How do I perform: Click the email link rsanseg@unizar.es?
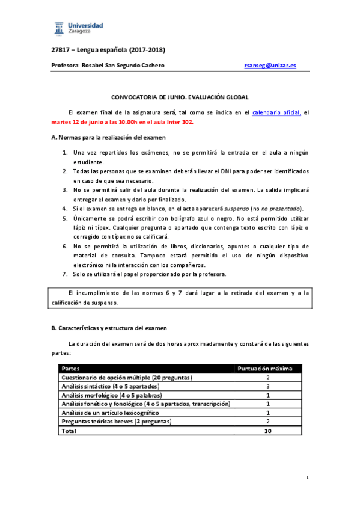[270, 65]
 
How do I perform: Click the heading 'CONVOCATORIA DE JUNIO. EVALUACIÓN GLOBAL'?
[180, 97]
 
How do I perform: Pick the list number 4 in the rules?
[65, 208]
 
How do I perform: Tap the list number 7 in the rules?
[65, 274]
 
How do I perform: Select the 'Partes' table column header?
[71, 369]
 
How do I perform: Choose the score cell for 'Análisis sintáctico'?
[267, 386]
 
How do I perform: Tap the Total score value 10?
[267, 431]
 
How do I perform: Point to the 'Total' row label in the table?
[69, 431]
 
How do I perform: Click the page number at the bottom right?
[307, 478]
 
